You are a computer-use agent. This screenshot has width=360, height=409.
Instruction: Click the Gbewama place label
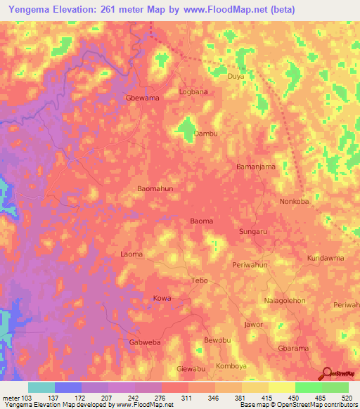tap(142, 98)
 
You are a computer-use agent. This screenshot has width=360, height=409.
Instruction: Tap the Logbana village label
tap(193, 92)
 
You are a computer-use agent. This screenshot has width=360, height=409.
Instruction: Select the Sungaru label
tap(255, 231)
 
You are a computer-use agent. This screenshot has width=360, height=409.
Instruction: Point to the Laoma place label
tap(131, 254)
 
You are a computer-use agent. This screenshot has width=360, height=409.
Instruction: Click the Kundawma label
tap(326, 258)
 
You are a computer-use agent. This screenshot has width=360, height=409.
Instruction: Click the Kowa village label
tap(162, 299)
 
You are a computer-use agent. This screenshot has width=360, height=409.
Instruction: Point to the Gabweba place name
tap(146, 342)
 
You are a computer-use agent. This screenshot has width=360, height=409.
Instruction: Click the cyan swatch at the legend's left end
tap(41, 387)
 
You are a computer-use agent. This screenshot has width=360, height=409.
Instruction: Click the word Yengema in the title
tap(34, 9)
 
